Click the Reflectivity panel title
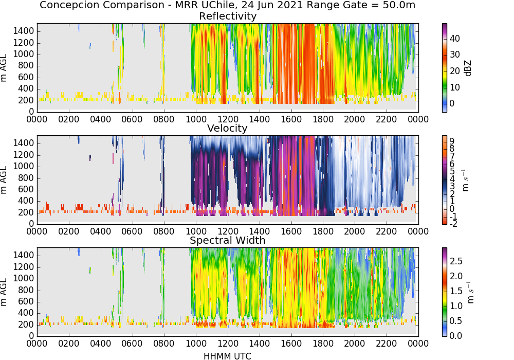228,16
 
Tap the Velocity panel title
227,128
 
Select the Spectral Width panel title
228,240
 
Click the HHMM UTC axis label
228,356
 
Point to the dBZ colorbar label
468,68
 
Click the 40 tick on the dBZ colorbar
455,39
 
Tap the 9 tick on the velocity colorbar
452,141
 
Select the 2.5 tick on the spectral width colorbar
456,261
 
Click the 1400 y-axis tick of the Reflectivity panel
24,31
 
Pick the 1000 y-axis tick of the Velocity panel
24,166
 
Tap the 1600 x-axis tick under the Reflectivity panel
291,119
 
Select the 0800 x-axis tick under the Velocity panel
164,231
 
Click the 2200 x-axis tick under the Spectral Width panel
387,344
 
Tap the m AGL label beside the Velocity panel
4,180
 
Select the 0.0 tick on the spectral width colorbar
456,336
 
